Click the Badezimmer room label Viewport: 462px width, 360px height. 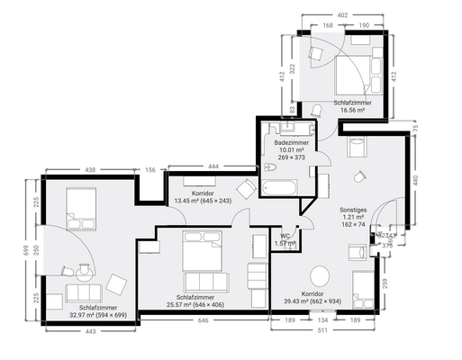pos(288,142)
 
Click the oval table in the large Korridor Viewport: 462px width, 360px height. pos(319,274)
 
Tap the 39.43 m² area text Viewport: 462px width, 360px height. pos(312,302)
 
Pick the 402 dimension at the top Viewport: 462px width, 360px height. pos(341,15)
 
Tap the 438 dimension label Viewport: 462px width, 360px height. pos(89,169)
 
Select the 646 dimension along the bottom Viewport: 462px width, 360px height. pos(203,319)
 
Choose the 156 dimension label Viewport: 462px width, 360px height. pos(150,169)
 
